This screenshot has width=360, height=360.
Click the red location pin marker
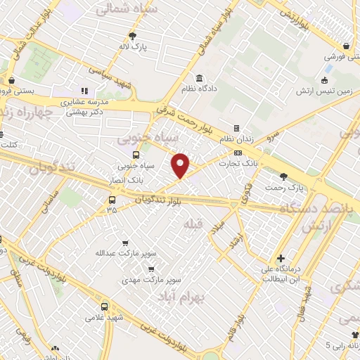coord(181,165)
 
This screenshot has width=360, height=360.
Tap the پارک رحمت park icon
coord(283,176)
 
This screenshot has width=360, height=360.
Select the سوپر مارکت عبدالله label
coord(126,251)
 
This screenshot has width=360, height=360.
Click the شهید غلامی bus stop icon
coord(105,307)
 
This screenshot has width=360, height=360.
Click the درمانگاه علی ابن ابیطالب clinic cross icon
coord(281,259)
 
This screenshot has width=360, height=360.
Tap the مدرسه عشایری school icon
coord(85,91)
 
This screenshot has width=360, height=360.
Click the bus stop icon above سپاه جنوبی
coord(136,155)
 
